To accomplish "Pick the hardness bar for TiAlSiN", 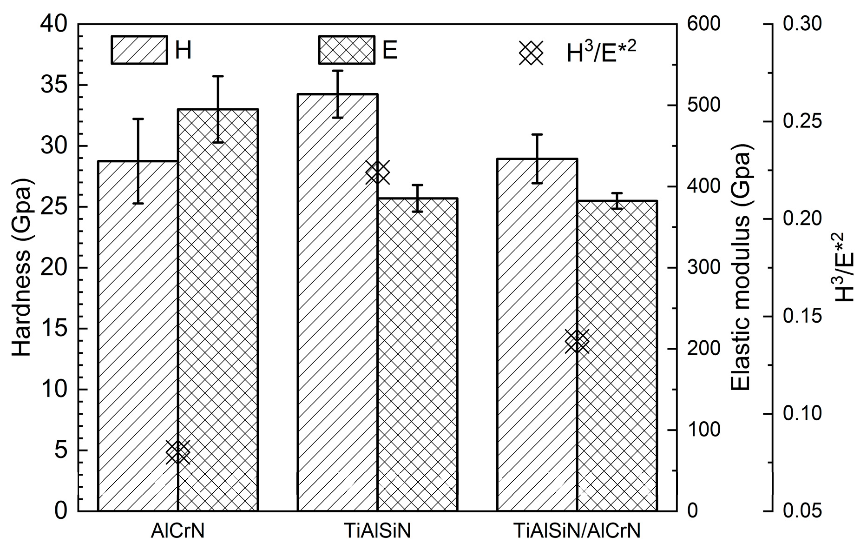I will coord(338,302).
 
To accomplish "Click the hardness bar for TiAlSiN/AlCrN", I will coord(537,335).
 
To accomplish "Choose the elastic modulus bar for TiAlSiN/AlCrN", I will coord(617,356).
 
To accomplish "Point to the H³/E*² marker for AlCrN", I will coord(178,452).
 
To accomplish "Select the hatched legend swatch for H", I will coord(139,50).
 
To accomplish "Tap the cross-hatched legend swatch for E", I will coord(346,50).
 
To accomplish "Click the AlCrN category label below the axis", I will coord(178,531).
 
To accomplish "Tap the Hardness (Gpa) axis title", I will coord(21,268).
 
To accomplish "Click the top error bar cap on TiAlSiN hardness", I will coord(338,71).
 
